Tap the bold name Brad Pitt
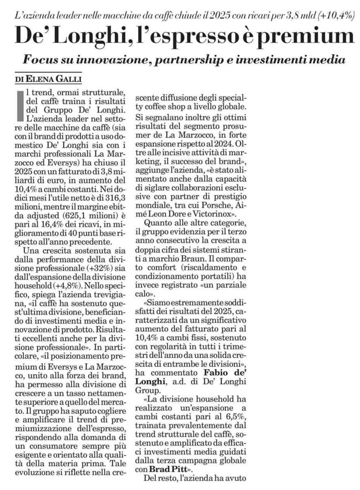pyautogui.click(x=170, y=467)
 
